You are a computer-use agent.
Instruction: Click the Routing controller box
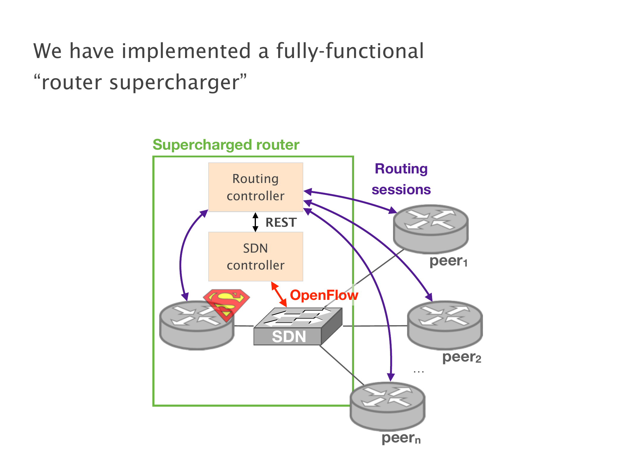pos(256,187)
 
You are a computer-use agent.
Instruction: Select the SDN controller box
pos(256,256)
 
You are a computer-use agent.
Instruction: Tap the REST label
pos(281,222)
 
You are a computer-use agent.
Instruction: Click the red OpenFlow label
pos(324,295)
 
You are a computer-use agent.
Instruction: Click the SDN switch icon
pos(298,326)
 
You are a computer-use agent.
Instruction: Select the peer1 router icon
pos(431,229)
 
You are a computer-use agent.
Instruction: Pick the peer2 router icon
pos(445,325)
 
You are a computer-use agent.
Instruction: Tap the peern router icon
pos(387,406)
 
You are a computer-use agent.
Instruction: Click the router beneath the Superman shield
pos(197,325)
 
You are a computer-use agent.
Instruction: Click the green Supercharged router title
pos(226,145)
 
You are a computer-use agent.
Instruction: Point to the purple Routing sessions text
pos(401,179)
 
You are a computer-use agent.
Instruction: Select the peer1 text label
pos(448,261)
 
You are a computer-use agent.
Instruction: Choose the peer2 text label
pos(462,357)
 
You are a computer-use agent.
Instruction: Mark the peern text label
pos(401,438)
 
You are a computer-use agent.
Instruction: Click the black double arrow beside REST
pos(255,222)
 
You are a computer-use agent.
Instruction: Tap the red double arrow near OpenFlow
pos(279,294)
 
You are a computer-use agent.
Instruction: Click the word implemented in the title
pos(186,51)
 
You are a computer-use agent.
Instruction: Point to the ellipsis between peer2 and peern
pos(418,372)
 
